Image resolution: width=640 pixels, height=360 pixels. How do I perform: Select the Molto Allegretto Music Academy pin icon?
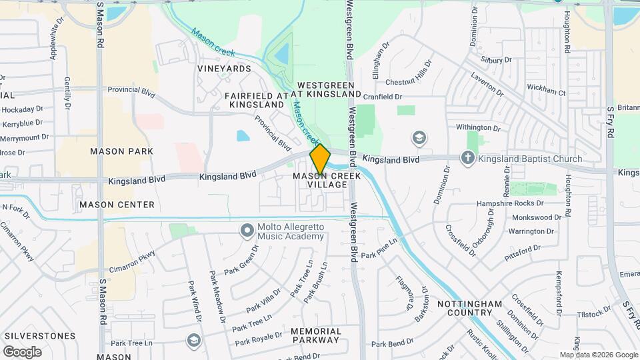[247, 231]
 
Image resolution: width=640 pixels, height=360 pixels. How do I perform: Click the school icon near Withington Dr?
[419, 138]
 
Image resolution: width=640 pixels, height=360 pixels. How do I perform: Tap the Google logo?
[22, 351]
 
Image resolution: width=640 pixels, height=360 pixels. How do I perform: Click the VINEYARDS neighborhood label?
[225, 69]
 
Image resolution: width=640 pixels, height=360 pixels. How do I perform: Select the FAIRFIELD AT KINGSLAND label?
[257, 100]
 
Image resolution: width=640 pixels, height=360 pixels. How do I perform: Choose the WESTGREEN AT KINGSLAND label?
[329, 90]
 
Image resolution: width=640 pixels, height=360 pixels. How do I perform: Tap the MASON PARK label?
[122, 151]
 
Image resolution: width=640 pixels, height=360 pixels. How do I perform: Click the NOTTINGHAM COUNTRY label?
[469, 308]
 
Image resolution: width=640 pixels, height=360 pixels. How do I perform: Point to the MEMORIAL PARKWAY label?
[316, 335]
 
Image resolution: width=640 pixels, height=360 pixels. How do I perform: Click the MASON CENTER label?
[117, 205]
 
